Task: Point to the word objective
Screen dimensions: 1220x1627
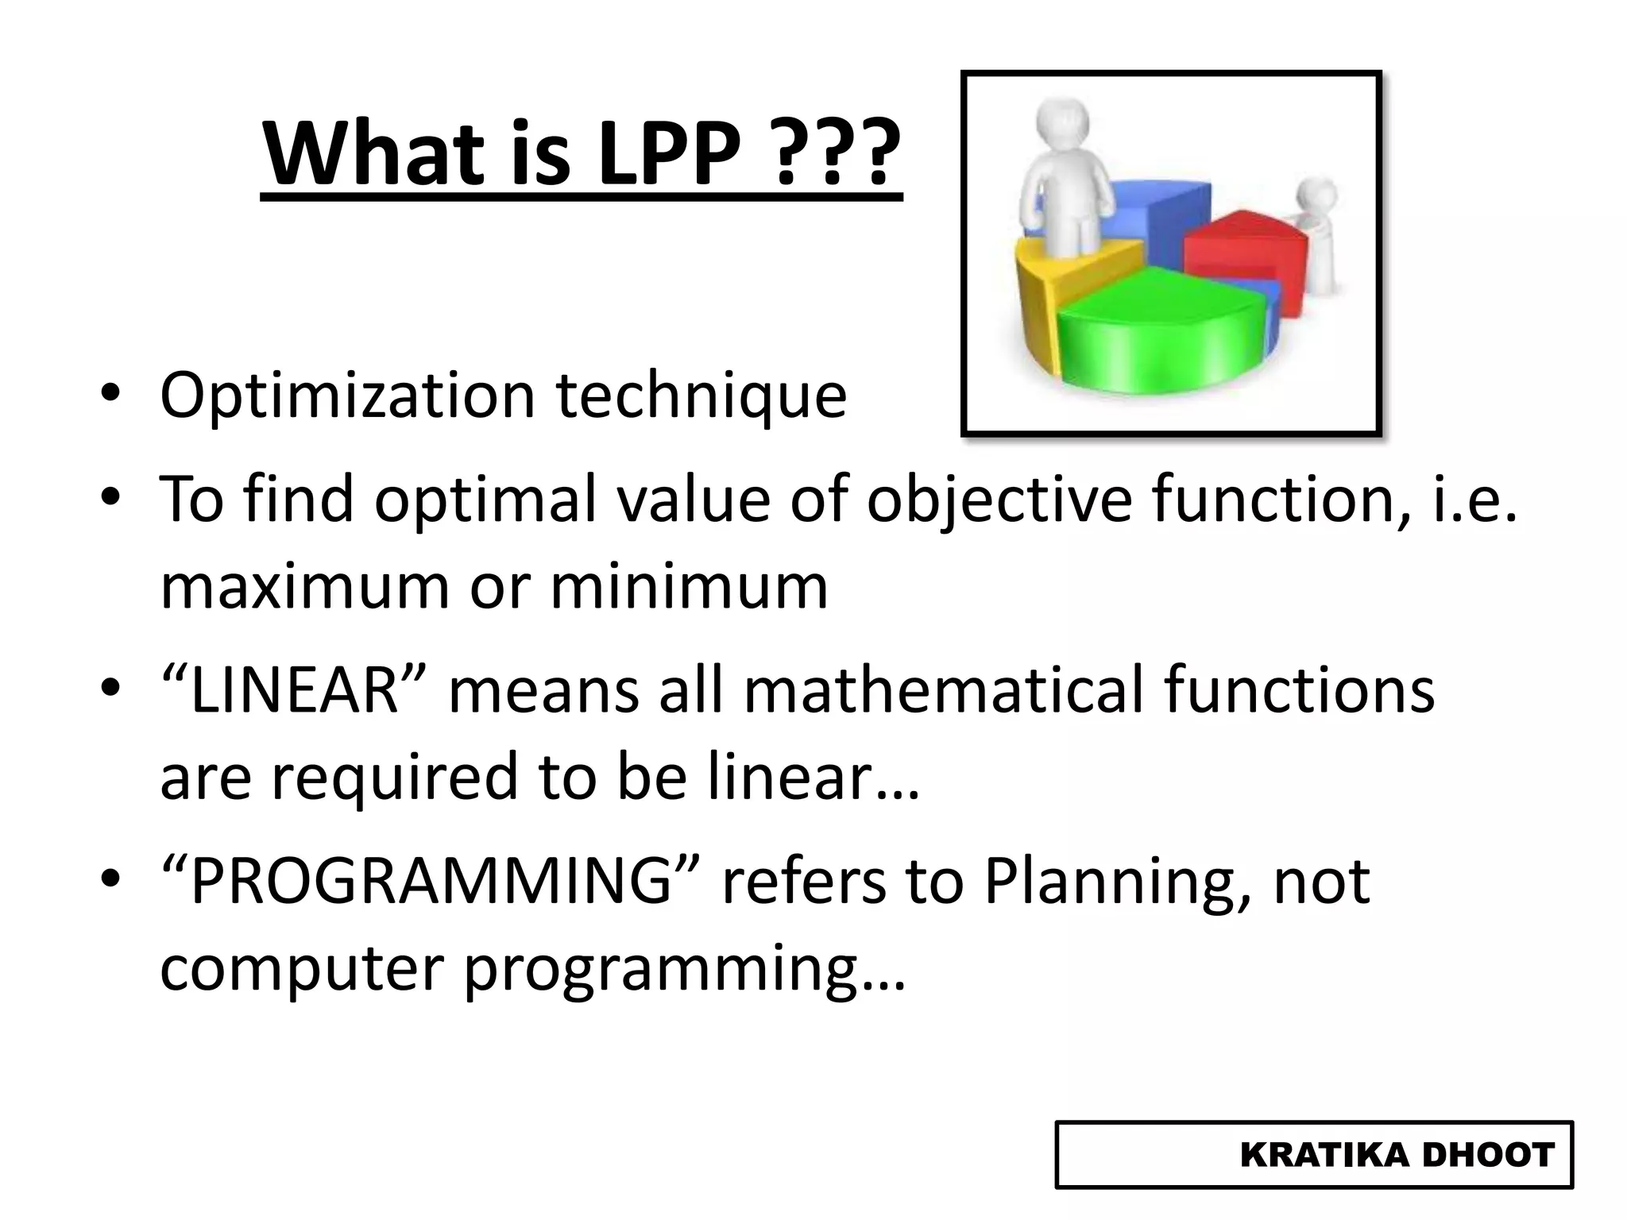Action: coord(999,500)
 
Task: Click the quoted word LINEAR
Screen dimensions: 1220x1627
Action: coord(294,689)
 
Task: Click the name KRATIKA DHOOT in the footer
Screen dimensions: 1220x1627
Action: coord(1397,1155)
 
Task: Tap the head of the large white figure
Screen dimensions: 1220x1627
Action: coord(1063,125)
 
